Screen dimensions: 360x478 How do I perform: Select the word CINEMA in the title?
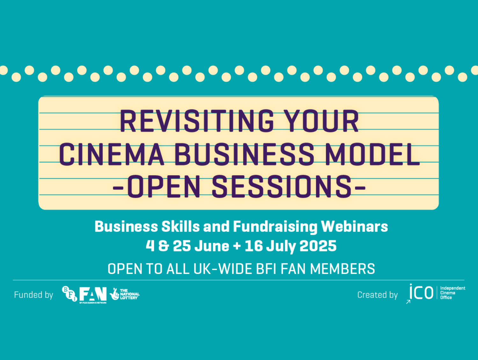[x=112, y=155]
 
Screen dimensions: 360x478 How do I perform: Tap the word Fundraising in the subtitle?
[x=275, y=227]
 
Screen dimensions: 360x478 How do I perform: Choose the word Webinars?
[x=354, y=227]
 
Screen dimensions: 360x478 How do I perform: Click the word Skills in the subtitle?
[x=180, y=227]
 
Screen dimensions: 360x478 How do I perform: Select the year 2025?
[x=318, y=246]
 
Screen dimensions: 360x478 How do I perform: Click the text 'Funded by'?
[x=33, y=295]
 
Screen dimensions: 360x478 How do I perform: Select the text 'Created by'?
[x=377, y=295]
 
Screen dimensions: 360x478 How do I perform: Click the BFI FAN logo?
[x=84, y=294]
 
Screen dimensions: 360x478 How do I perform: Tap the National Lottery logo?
[x=125, y=294]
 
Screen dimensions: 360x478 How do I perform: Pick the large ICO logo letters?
[x=421, y=292]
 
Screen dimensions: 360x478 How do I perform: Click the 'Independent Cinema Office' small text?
[x=452, y=293]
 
